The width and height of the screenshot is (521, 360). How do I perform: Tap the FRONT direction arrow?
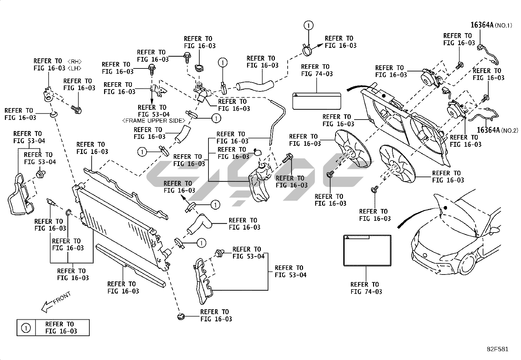(56, 302)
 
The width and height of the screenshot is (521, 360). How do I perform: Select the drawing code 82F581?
(497, 349)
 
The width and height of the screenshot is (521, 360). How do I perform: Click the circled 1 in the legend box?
(26, 328)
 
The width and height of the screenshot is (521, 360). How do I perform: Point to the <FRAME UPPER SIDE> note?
(153, 121)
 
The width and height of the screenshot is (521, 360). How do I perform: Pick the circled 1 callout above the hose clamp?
(308, 25)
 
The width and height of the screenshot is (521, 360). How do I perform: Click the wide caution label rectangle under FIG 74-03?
(316, 101)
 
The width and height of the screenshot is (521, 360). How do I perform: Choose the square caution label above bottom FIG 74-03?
(367, 250)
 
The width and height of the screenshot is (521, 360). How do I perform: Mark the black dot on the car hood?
(445, 208)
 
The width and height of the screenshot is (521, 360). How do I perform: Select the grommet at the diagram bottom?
(181, 317)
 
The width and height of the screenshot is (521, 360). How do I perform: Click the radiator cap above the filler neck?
(199, 68)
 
